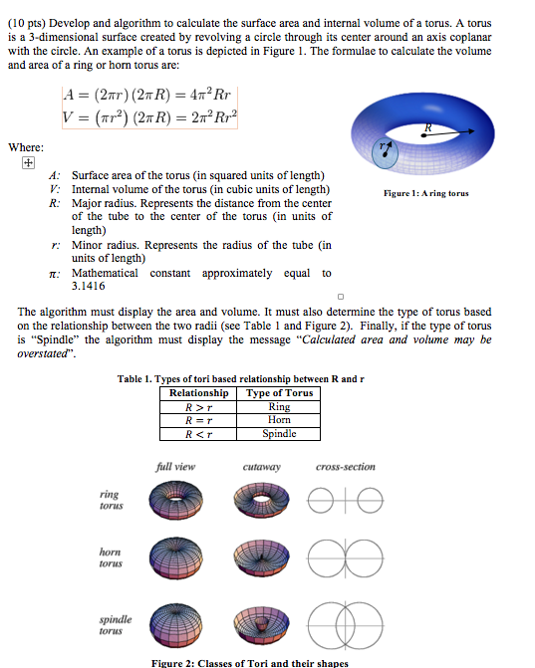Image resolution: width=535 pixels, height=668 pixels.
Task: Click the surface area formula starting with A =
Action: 149,98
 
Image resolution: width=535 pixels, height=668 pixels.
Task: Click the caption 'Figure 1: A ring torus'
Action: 427,193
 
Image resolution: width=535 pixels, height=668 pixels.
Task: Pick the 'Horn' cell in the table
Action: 279,420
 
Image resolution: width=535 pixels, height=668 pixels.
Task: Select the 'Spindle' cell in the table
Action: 279,434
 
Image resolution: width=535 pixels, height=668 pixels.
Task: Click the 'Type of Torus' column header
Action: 279,392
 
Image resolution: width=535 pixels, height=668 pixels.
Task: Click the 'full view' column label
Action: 175,466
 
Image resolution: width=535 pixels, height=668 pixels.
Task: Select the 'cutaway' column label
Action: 262,466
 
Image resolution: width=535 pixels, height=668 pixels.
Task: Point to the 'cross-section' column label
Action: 346,466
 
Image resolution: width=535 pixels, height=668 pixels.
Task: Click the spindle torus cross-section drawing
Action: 346,621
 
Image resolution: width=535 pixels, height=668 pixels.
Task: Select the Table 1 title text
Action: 241,378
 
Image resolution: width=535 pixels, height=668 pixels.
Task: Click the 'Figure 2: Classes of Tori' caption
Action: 264,662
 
